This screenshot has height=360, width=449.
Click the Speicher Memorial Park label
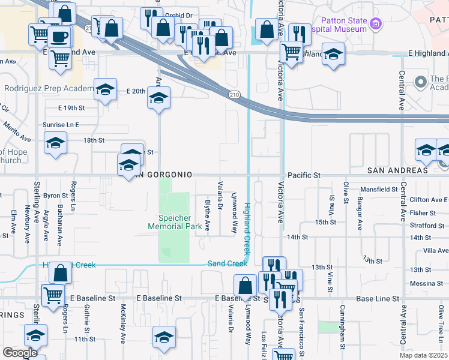[x=175, y=222]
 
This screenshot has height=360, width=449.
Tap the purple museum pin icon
[x=376, y=25]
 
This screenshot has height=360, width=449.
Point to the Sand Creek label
[x=228, y=263]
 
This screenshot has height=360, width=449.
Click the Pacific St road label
[x=305, y=175]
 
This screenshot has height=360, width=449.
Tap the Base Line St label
[x=378, y=298]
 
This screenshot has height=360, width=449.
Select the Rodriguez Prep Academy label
[x=48, y=88]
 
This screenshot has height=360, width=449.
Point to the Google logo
[x=20, y=353]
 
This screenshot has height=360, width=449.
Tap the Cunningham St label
[x=342, y=329]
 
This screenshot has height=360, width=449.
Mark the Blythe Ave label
[x=208, y=215]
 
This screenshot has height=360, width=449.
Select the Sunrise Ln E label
[x=61, y=125]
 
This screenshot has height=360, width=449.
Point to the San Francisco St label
[x=302, y=329]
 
